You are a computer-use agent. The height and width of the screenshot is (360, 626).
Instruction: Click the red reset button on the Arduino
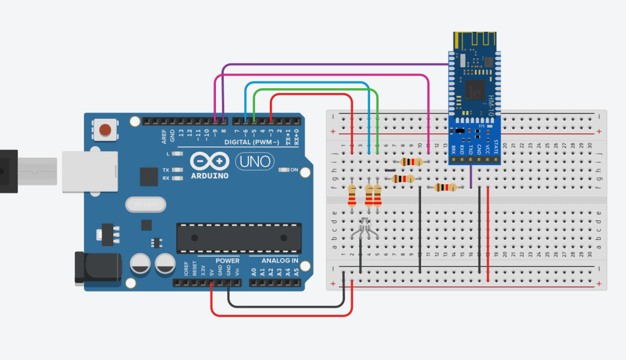tap(106, 130)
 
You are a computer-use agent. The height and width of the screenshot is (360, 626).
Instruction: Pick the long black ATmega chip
tap(239, 238)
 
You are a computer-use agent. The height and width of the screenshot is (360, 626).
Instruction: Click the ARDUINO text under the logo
tap(209, 176)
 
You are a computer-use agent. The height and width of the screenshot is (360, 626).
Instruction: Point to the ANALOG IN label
tap(280, 260)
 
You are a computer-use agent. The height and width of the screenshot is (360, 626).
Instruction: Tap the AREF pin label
tap(164, 136)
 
